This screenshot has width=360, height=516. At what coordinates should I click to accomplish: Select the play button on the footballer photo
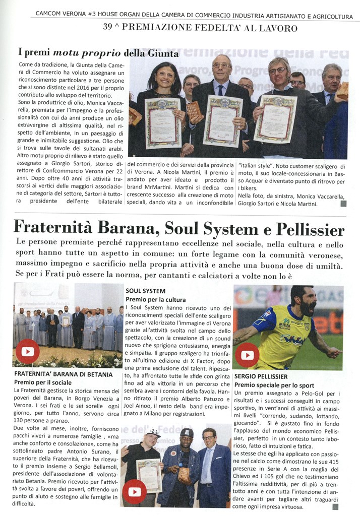247,355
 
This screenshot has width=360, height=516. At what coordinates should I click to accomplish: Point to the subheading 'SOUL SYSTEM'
145,291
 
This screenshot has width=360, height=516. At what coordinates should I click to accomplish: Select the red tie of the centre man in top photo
221,88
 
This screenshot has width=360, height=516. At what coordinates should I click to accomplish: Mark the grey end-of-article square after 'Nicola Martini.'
343,204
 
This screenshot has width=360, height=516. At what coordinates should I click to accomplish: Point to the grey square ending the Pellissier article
335,507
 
